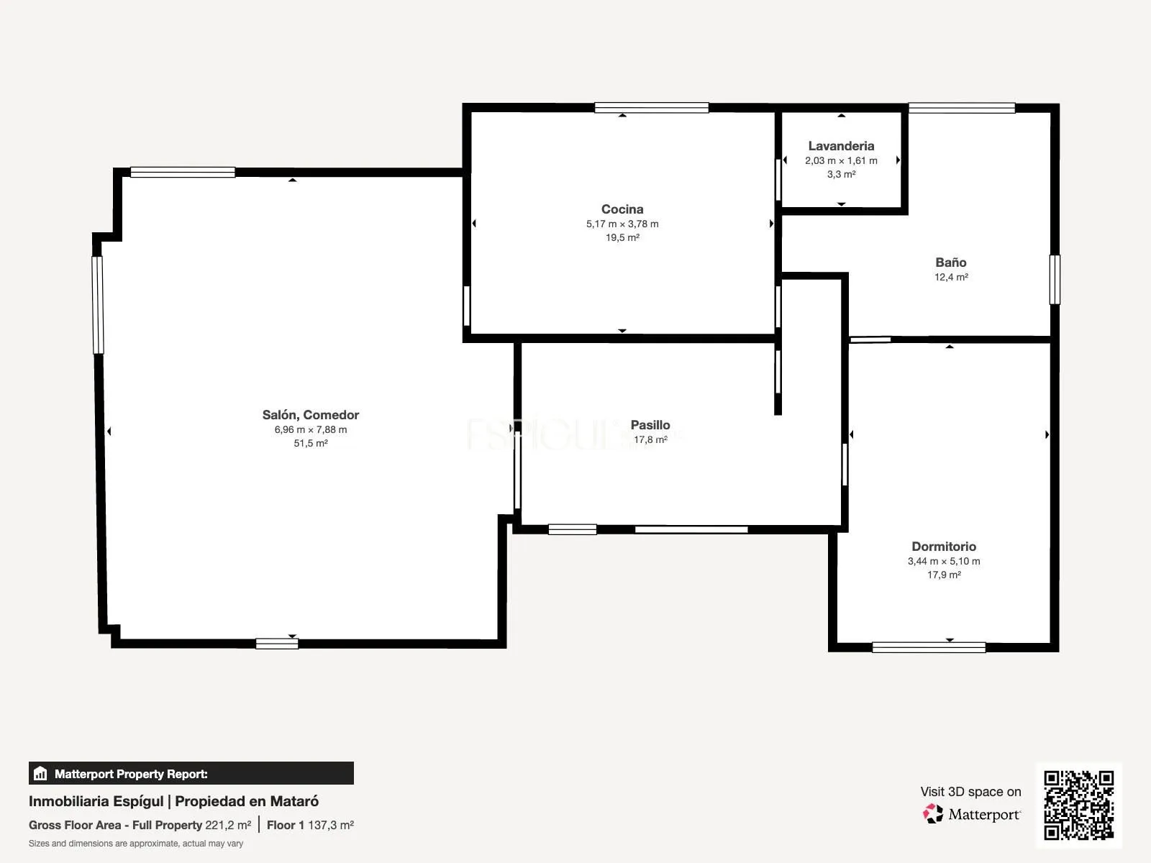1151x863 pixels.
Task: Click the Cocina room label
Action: click(x=622, y=209)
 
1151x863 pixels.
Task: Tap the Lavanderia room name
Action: click(x=841, y=146)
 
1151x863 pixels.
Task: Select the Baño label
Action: click(x=951, y=262)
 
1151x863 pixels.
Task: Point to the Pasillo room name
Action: click(x=650, y=424)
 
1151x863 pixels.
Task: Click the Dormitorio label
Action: click(x=944, y=546)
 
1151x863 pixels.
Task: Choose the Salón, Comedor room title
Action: click(x=311, y=414)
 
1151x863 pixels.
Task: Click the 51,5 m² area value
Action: click(x=311, y=443)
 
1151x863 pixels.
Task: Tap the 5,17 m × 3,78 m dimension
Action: click(x=622, y=224)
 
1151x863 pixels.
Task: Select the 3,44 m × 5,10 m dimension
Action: click(x=944, y=561)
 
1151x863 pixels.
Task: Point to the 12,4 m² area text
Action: click(x=951, y=277)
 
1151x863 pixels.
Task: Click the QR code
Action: click(x=1078, y=805)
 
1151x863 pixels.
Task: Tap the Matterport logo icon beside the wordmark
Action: click(x=933, y=814)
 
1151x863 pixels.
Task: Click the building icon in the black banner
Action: click(x=40, y=773)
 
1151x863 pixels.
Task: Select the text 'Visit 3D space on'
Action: click(x=970, y=791)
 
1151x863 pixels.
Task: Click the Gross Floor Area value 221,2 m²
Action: click(x=228, y=826)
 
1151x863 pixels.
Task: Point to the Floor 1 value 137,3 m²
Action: click(x=331, y=826)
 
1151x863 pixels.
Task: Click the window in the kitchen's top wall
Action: click(x=651, y=107)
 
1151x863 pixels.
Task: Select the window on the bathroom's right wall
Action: click(x=1055, y=279)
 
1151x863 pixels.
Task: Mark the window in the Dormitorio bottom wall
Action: click(x=929, y=648)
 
